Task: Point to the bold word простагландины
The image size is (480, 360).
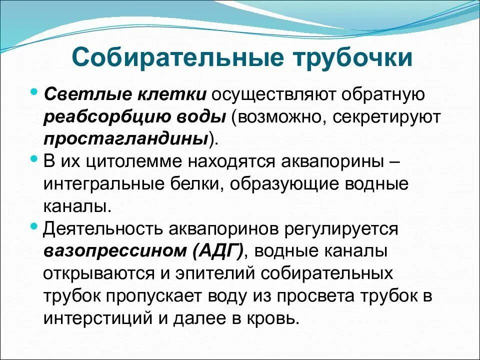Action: [x=125, y=138]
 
